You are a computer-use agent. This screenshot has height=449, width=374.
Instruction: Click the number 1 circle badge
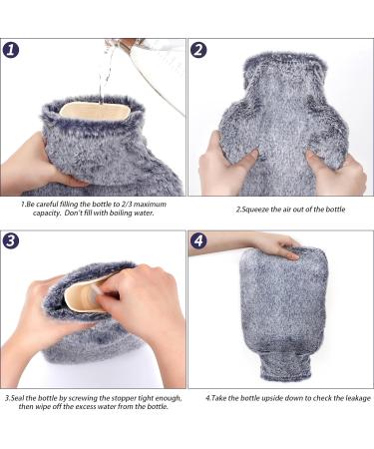coord(11,50)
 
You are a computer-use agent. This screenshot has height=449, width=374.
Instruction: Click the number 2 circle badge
coord(198,50)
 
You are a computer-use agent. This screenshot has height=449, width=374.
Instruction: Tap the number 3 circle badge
coord(11,240)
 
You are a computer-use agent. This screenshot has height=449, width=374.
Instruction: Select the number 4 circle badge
coord(198,240)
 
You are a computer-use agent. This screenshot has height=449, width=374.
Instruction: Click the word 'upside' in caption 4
coord(272,398)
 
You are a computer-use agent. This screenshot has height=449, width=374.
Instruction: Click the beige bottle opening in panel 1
coord(95,111)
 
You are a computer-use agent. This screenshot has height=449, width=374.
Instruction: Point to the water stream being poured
coord(105,72)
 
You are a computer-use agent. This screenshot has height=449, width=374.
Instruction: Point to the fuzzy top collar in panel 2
coord(285,64)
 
